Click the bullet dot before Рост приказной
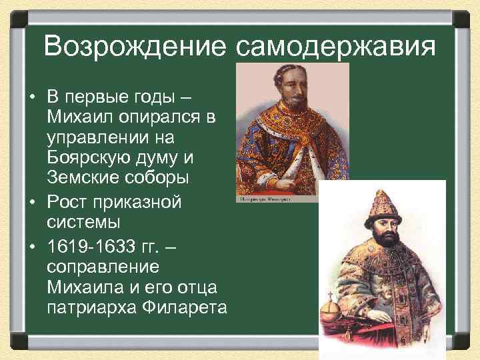pyautogui.click(x=31, y=202)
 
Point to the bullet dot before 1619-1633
pyautogui.click(x=31, y=247)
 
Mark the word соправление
pyautogui.click(x=103, y=267)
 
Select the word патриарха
pyautogui.click(x=91, y=308)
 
